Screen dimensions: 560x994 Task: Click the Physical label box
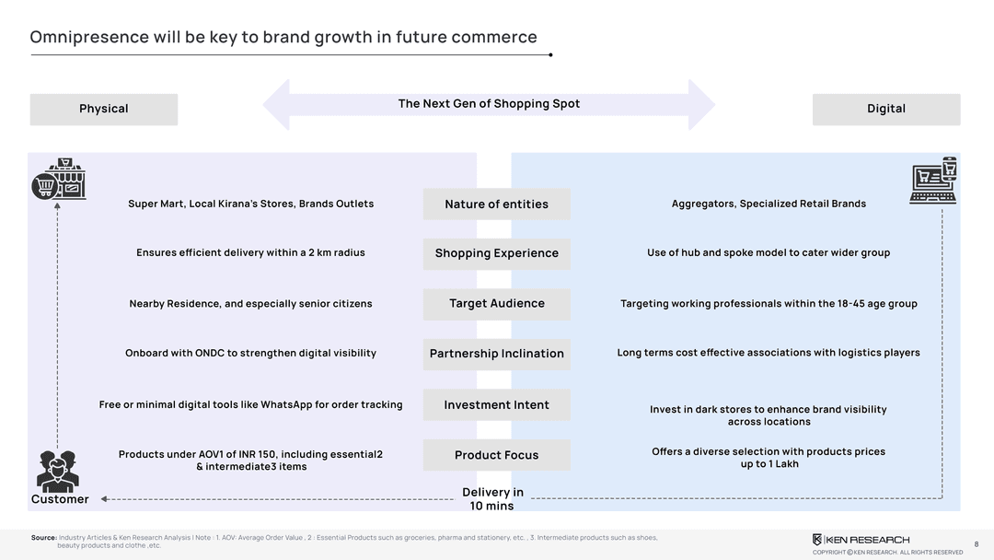[x=103, y=109]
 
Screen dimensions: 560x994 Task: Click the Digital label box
[x=885, y=109]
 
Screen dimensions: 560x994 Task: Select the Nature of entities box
[x=496, y=204]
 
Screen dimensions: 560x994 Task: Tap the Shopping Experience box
[x=496, y=253]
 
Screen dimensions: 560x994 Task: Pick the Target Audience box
[x=496, y=304]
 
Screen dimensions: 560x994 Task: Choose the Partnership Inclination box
[x=496, y=354]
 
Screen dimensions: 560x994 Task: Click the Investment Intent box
[x=496, y=405]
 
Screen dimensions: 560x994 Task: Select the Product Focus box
[x=496, y=455]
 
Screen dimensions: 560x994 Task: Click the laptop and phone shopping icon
[x=933, y=180]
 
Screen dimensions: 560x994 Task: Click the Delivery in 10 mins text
[x=492, y=499]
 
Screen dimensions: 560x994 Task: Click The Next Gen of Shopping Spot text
[x=489, y=104]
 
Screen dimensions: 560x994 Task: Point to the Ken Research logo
[x=861, y=539]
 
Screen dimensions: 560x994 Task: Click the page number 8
[x=976, y=544]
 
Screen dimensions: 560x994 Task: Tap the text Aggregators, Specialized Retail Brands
[x=769, y=204]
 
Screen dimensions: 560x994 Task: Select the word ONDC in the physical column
[x=214, y=353]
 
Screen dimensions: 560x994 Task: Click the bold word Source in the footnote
[x=43, y=537]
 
